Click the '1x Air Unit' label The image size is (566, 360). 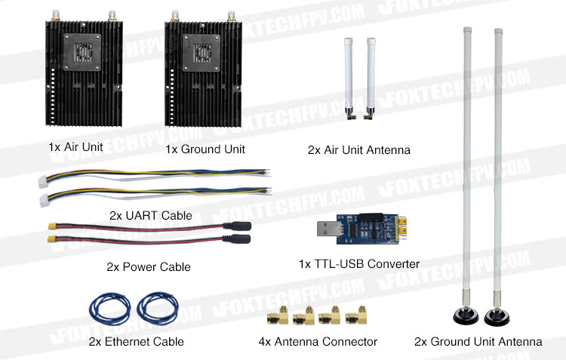[75, 147]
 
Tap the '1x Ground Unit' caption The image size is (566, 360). [205, 149]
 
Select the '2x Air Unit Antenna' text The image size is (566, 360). [358, 150]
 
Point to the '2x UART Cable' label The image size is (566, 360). [150, 216]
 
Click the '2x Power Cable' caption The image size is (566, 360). [149, 267]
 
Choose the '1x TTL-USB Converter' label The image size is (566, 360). [359, 264]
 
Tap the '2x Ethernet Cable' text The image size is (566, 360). [136, 342]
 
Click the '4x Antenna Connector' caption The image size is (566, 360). [318, 342]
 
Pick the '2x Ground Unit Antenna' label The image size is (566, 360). [478, 342]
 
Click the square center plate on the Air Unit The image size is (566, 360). [82, 52]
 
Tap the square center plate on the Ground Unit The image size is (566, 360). [201, 53]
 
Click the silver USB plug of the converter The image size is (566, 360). [328, 229]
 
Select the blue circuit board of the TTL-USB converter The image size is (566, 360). [366, 229]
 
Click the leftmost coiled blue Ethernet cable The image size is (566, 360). [109, 309]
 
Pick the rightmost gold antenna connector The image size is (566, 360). [357, 315]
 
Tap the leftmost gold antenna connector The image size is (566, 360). [278, 315]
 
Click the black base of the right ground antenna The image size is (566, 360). [497, 318]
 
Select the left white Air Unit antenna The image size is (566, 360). [349, 78]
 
